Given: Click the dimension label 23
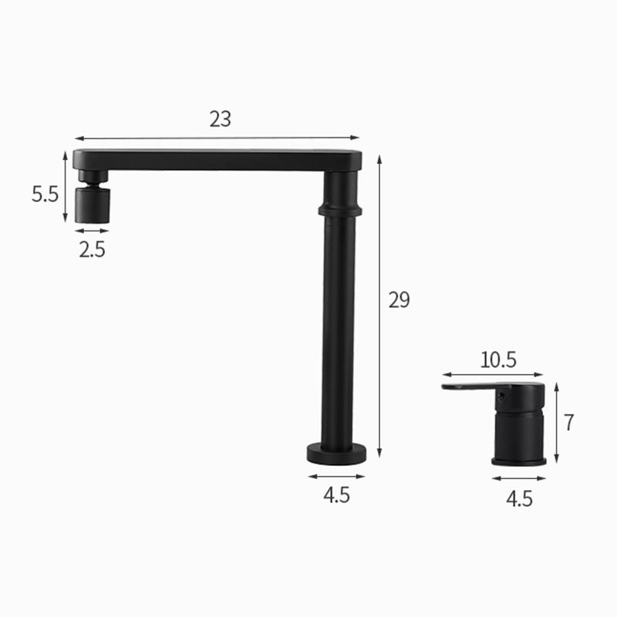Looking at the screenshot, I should [220, 120].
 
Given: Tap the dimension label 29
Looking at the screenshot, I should [399, 300].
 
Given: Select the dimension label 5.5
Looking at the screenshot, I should [45, 194].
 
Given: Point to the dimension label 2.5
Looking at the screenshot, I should [92, 249].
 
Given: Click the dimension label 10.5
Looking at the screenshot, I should [497, 359].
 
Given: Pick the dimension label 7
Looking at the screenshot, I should [569, 423].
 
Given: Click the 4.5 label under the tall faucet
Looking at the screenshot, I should [336, 494].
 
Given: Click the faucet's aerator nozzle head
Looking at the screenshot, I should [92, 203].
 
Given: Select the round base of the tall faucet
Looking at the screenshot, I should [336, 454].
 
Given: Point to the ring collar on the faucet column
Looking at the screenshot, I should [339, 209].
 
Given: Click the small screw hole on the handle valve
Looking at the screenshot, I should [501, 398].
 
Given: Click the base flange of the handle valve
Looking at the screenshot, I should [519, 461].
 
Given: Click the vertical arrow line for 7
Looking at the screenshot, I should [556, 423].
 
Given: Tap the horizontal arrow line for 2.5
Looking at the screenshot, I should [92, 231].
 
